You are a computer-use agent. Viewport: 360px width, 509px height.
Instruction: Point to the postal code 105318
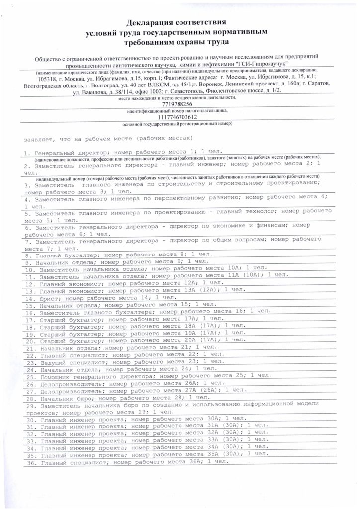pos(49,79)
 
